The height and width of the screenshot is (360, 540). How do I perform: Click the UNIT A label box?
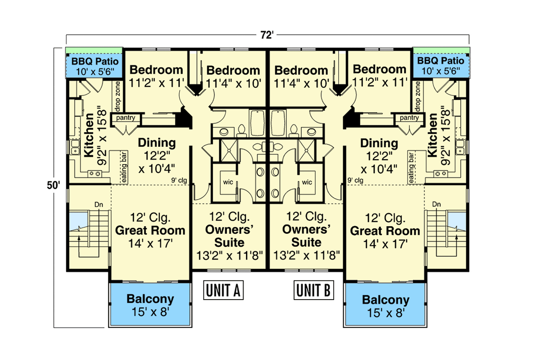(224, 291)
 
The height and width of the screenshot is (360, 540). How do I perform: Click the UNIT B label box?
(314, 291)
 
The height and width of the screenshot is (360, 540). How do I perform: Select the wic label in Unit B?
(307, 182)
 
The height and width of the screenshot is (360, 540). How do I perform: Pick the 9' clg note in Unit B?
(356, 180)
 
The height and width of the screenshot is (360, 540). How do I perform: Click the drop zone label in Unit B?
(418, 97)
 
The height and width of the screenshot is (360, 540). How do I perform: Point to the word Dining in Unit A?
(156, 143)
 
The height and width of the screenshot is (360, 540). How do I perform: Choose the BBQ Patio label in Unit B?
(440, 60)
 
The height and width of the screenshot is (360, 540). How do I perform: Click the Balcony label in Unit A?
(150, 299)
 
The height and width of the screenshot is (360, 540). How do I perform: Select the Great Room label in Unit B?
(385, 231)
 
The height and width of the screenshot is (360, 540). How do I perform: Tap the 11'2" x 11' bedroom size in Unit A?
(157, 82)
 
